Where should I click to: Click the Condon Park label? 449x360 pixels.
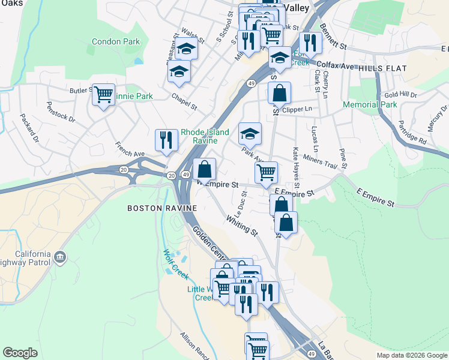(116, 42)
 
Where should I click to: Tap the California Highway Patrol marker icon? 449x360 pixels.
(60, 258)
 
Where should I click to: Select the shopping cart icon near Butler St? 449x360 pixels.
(104, 94)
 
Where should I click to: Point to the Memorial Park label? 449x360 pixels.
(370, 104)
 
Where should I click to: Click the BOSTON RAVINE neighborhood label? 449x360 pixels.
(161, 208)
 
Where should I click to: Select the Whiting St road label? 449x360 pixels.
(242, 225)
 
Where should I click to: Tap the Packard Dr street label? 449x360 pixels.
(29, 128)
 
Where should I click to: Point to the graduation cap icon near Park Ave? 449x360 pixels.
(250, 133)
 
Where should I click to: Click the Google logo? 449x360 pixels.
(20, 353)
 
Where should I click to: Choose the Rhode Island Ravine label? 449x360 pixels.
(205, 136)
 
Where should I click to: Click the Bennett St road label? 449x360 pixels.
(334, 37)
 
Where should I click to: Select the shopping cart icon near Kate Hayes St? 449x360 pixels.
(266, 172)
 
